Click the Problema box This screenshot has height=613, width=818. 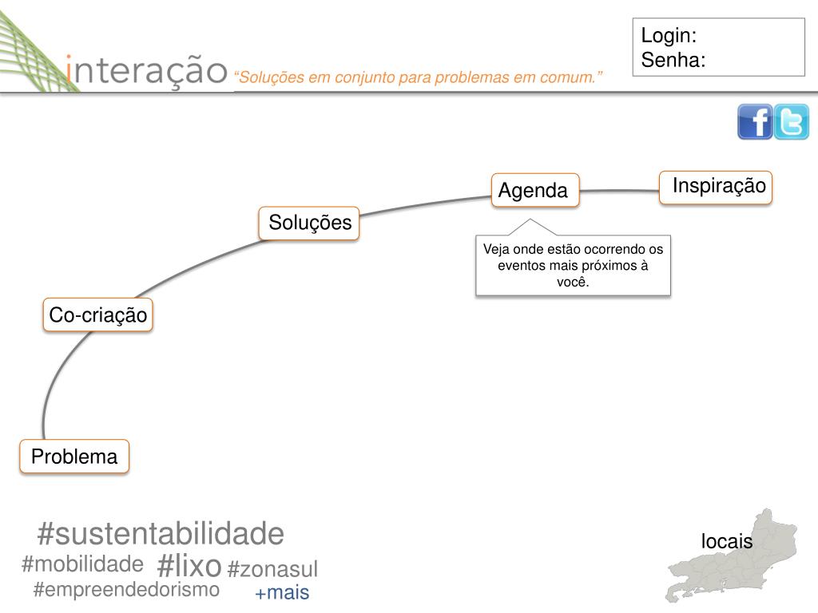pos(74,457)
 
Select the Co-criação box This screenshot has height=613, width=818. pos(97,315)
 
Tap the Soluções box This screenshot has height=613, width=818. pos(309,223)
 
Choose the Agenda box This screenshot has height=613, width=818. pos(534,190)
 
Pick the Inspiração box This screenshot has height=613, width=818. pos(717,187)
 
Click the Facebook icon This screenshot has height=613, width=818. pos(754,122)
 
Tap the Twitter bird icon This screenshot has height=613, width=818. pos(792,122)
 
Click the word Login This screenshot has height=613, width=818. pos(669,36)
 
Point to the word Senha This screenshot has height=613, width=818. pos(673,60)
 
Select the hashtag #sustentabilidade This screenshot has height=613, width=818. pos(161,533)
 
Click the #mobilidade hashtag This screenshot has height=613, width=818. pos(82,564)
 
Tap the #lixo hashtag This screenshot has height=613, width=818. pos(189,565)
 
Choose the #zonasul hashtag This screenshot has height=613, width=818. pos(272,569)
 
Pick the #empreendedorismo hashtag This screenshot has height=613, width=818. pos(126,590)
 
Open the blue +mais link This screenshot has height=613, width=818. pos(281,593)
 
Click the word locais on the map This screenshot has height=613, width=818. pos(727,541)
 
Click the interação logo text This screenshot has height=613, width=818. pos(147,70)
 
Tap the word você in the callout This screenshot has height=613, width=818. pos(573,281)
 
